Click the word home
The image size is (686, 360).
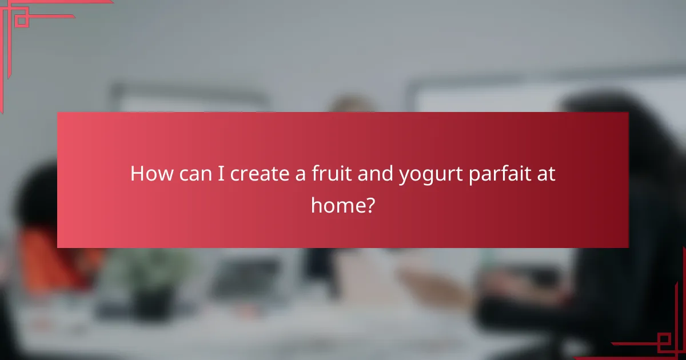pyautogui.click(x=337, y=204)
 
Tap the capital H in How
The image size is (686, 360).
pyautogui.click(x=136, y=174)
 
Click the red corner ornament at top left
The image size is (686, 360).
pyautogui.click(x=23, y=23)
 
